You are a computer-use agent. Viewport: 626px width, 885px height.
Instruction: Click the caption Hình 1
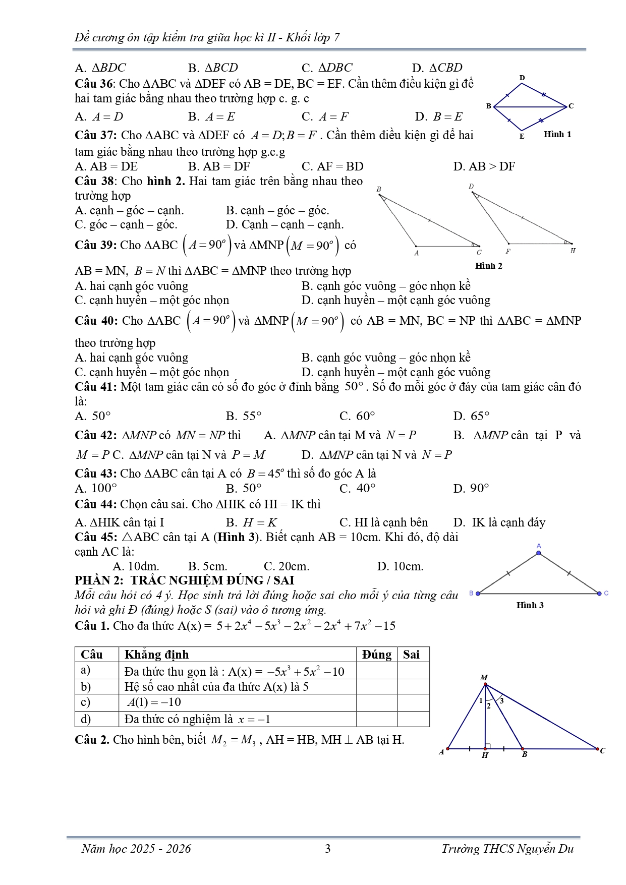tap(557, 134)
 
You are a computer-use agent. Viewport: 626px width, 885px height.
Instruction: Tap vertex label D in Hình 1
tap(522, 78)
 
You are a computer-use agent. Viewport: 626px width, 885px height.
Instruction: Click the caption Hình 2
tap(488, 266)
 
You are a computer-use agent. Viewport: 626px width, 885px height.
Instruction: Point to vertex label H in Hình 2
tap(573, 251)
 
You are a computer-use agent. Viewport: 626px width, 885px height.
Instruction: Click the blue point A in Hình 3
tap(539, 553)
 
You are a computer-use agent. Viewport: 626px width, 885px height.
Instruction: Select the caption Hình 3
tap(530, 605)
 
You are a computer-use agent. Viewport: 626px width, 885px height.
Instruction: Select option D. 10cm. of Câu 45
tap(400, 566)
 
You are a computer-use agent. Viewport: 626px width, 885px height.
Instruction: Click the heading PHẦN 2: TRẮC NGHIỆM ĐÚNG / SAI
tap(185, 580)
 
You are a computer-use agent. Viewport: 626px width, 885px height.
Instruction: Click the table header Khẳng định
tap(156, 655)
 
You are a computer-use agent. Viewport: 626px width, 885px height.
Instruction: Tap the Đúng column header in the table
tap(376, 655)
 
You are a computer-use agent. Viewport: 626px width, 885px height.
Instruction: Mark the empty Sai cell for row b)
tap(413, 686)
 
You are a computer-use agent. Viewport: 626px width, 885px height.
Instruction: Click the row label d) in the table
tap(86, 719)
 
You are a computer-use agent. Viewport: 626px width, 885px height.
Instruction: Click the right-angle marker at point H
tap(488, 746)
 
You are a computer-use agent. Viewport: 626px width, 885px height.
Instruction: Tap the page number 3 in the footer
tap(327, 849)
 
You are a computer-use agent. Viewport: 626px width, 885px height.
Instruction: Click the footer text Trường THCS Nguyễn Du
tap(507, 849)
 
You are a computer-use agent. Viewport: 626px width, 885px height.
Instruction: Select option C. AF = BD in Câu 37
tap(332, 166)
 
